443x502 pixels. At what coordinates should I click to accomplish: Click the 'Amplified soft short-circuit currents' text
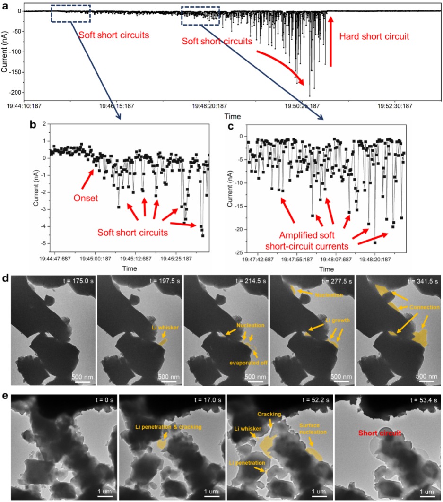coord(313,240)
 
